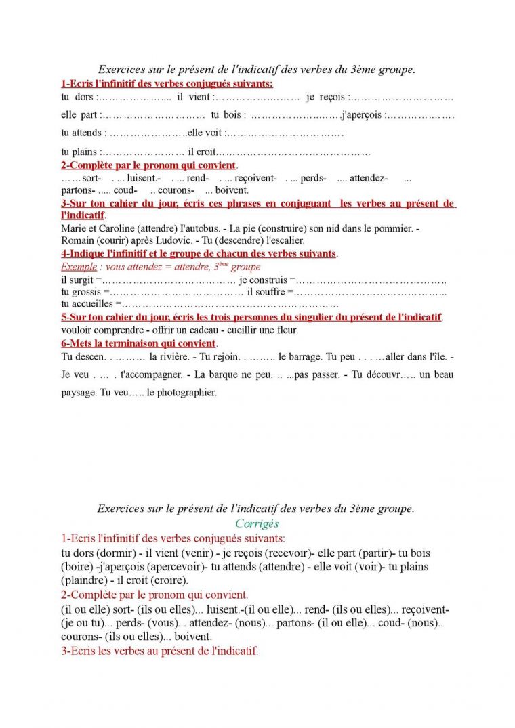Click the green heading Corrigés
click(x=257, y=523)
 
